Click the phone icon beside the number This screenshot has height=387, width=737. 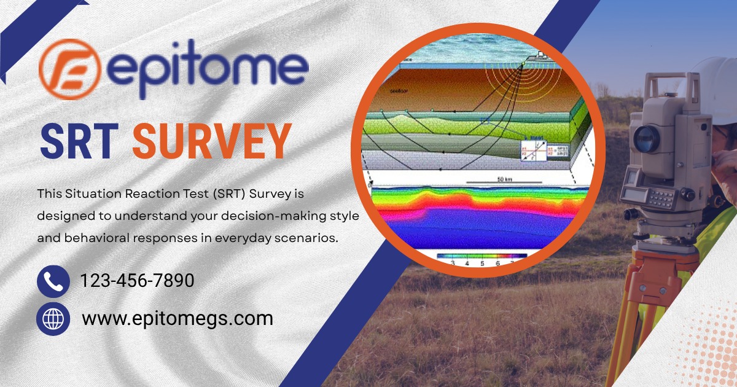[53, 281]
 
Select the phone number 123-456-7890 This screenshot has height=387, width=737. [138, 281]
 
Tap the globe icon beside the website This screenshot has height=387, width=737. [53, 319]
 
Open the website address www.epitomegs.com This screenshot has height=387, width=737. [177, 319]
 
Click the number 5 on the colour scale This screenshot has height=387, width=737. [482, 262]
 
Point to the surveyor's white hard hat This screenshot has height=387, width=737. [716, 86]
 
